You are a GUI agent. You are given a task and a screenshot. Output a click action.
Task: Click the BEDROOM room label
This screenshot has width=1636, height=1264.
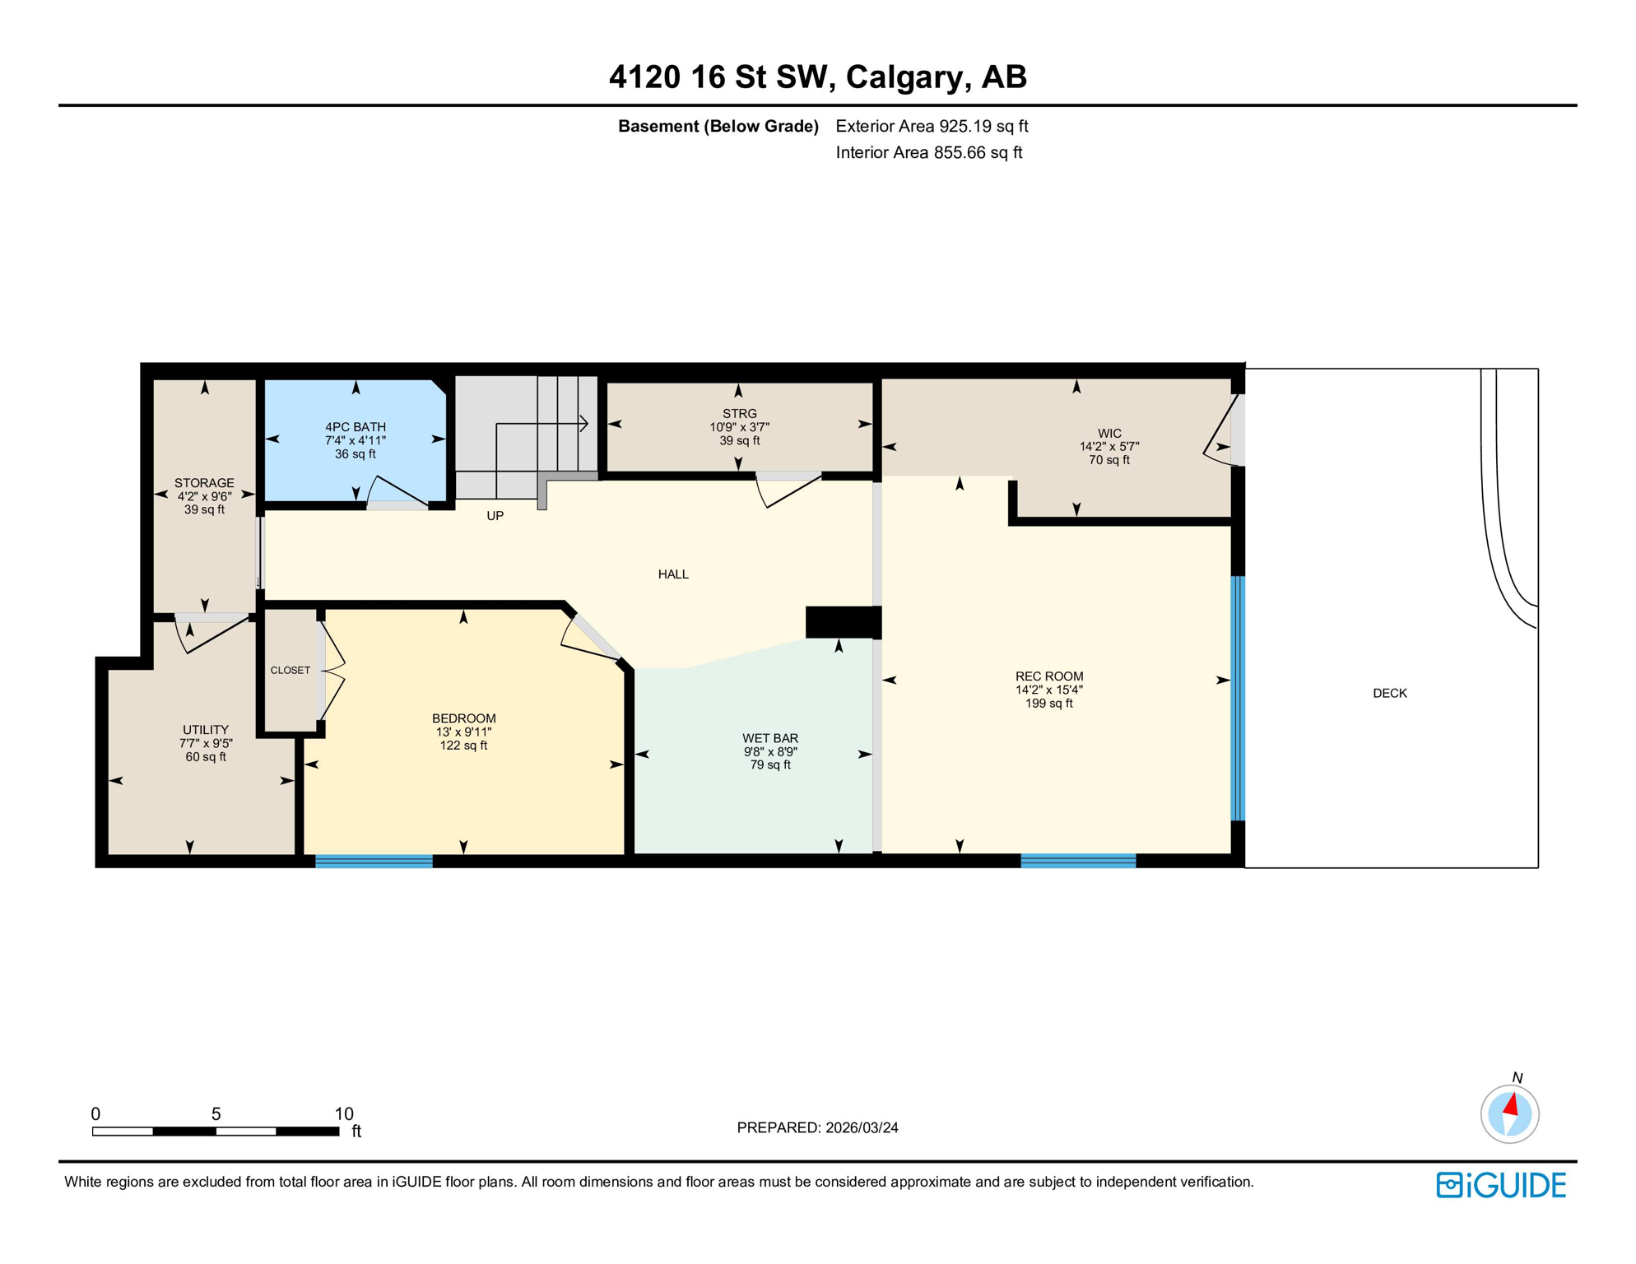point(463,718)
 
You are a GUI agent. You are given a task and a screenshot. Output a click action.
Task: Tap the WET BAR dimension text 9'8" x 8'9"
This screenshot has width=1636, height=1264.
point(770,752)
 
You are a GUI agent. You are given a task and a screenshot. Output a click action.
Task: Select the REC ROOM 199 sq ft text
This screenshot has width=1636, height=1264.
point(1048,704)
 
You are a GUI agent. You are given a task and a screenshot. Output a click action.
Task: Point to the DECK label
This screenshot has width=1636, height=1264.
point(1390,694)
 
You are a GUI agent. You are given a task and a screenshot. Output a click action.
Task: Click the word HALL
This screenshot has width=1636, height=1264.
point(673,574)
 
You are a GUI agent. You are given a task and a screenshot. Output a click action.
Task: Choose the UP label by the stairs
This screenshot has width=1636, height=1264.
point(495,516)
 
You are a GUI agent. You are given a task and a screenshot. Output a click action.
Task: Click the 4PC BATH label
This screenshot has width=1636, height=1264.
point(356,427)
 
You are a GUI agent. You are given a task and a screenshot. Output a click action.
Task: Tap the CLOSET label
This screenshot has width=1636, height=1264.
point(290,671)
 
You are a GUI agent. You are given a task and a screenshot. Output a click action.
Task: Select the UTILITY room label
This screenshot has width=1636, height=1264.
point(206,730)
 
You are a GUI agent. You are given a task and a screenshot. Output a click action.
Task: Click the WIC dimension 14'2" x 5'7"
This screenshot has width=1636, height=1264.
point(1109,447)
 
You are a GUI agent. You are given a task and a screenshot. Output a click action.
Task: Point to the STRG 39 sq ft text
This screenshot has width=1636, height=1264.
point(740,441)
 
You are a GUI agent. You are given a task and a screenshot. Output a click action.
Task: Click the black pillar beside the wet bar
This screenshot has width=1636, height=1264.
point(843,622)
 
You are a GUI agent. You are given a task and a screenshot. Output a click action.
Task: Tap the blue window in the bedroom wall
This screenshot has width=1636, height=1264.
point(374,862)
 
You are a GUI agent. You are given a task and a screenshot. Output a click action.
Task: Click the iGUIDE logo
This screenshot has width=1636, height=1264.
point(1501,1185)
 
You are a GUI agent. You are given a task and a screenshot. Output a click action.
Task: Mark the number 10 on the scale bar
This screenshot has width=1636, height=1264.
point(344,1114)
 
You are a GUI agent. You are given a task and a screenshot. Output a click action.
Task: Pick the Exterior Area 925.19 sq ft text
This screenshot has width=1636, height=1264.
point(932,127)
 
